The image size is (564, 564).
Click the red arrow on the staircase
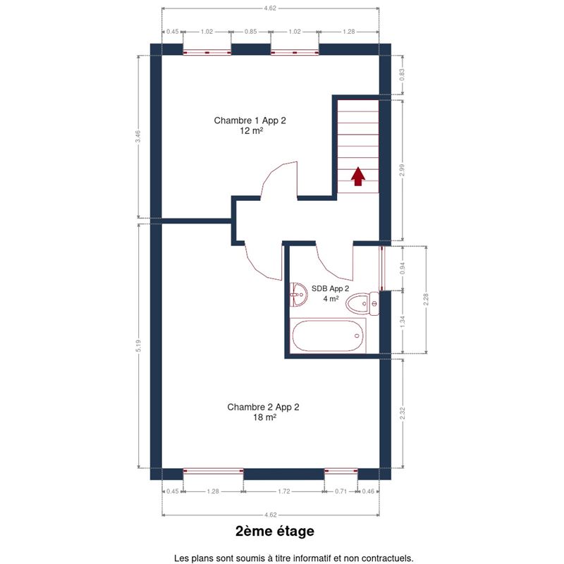[358, 176]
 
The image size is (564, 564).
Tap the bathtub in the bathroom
[328, 336]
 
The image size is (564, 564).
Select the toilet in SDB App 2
[362, 304]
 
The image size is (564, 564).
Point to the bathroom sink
[298, 294]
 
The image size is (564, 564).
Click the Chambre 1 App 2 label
[250, 121]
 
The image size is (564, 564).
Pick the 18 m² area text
[265, 417]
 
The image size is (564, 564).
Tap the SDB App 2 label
[330, 288]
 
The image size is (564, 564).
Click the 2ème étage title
[275, 531]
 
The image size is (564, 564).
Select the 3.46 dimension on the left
[138, 136]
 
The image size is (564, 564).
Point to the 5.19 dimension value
[139, 345]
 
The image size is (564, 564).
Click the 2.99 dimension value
[402, 170]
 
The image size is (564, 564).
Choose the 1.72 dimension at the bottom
[284, 491]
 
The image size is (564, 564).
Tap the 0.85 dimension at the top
[251, 32]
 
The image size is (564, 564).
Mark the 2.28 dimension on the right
[427, 300]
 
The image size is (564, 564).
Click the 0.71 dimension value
[341, 491]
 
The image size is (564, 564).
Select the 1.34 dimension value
[403, 322]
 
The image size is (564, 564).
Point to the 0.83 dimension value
[402, 75]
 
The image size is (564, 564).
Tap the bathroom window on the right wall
[382, 268]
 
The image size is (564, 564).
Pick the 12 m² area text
[252, 130]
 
